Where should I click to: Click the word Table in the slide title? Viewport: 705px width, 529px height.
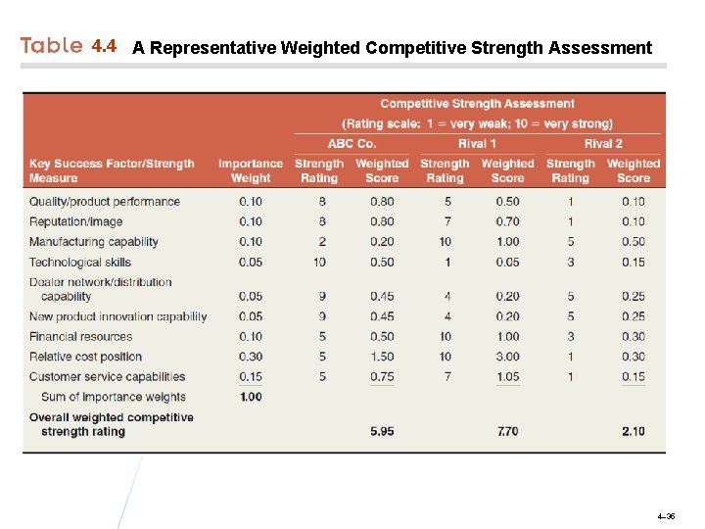point(52,46)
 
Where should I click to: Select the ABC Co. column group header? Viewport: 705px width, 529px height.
point(352,144)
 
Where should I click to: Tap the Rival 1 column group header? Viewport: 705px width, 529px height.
point(477,144)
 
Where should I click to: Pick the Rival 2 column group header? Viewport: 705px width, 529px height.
point(603,144)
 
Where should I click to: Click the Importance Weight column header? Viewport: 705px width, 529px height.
point(251,170)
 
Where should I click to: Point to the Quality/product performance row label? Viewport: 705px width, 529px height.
point(105,202)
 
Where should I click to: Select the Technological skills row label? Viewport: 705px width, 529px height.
point(80,262)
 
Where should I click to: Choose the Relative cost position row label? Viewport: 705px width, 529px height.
point(87,357)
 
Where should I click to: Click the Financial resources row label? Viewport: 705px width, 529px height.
point(80,337)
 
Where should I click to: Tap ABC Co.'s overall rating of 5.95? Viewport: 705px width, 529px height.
point(382,431)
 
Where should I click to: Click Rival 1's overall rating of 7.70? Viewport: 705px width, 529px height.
point(507,431)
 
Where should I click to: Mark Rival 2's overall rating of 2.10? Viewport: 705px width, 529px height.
point(633,431)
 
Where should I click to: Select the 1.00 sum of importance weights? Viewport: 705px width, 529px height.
point(251,397)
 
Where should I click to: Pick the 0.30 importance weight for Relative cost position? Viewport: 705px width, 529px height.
point(251,357)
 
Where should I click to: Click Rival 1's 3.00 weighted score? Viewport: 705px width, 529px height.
point(507,357)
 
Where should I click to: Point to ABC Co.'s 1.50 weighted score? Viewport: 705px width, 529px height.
point(382,357)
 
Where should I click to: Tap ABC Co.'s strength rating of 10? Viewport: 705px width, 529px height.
point(320,262)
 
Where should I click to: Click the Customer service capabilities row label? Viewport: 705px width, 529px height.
point(107,376)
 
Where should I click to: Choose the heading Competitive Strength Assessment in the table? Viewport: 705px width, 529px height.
point(477,104)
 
